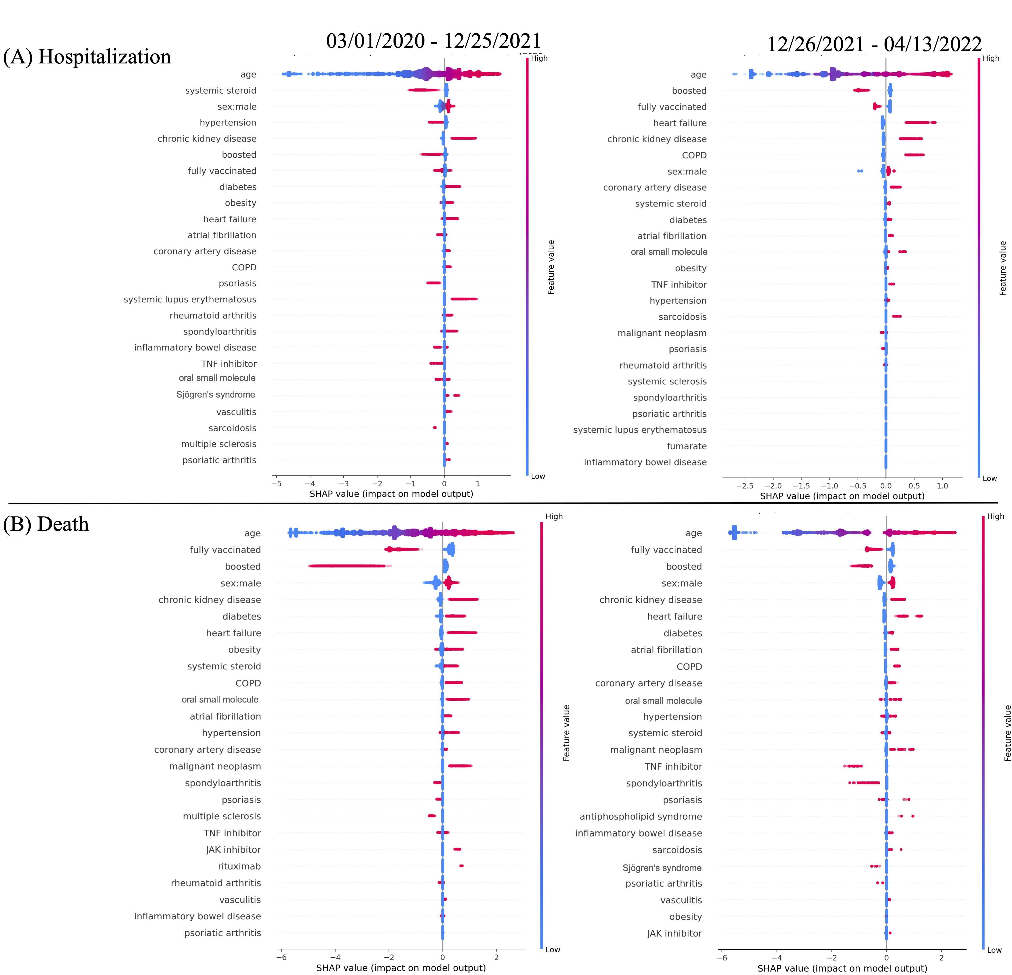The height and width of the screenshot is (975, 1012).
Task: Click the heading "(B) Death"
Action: (46, 524)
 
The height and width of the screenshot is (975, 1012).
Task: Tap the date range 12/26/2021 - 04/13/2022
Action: (874, 44)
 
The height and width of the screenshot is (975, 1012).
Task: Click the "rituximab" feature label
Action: (239, 866)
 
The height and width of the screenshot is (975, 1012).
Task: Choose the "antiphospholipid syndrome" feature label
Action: (641, 816)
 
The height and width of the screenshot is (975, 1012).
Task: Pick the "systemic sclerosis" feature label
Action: (667, 381)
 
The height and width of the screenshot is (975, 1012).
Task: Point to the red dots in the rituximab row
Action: (461, 866)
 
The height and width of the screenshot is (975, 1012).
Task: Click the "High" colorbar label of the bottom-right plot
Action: (995, 516)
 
